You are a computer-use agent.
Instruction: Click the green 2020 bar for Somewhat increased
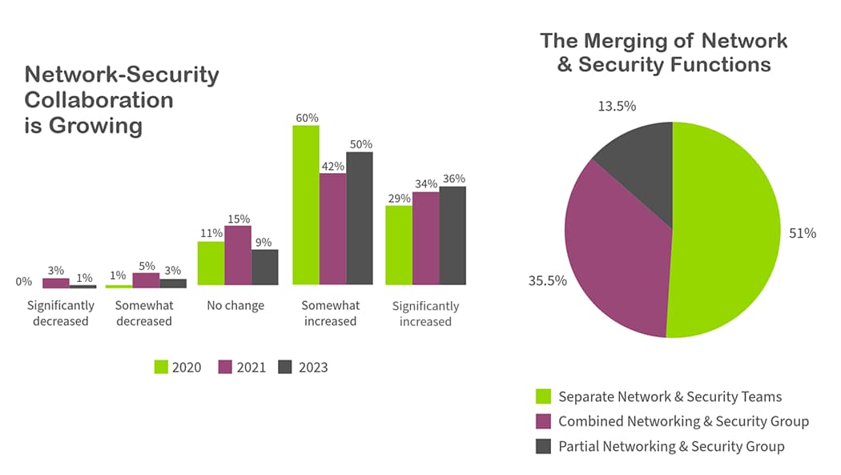[x=306, y=205]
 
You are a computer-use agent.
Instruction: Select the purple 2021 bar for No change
[x=238, y=256]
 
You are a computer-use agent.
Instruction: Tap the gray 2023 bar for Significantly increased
[x=453, y=235]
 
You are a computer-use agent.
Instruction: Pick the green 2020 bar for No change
[x=211, y=263]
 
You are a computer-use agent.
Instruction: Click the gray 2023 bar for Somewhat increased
[x=360, y=218]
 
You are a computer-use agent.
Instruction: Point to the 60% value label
[x=307, y=118]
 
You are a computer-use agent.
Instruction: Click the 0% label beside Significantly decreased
[x=24, y=282]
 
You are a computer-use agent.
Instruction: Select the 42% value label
[x=333, y=166]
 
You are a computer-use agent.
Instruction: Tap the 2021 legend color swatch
[x=224, y=367]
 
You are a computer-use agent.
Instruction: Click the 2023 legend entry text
[x=313, y=368]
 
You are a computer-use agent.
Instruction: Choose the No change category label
[x=235, y=306]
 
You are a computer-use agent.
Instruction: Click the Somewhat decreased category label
[x=143, y=313]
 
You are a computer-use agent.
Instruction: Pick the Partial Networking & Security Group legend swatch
[x=543, y=446]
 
